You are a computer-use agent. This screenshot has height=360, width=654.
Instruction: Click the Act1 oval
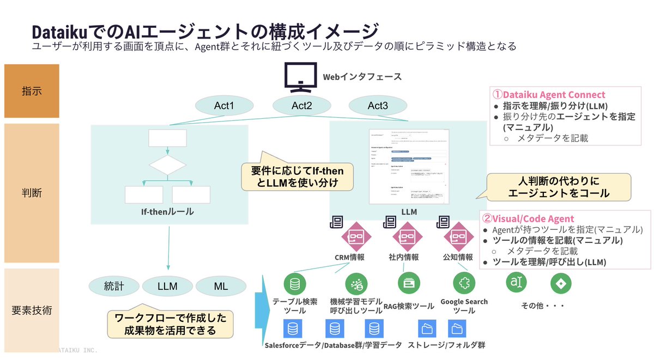click(x=224, y=106)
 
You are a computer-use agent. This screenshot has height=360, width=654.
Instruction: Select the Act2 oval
click(x=301, y=106)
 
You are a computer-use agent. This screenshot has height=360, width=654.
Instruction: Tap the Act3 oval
click(x=377, y=106)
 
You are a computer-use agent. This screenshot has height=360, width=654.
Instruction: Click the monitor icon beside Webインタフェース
click(x=300, y=77)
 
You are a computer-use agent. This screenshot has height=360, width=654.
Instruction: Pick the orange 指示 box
click(x=32, y=91)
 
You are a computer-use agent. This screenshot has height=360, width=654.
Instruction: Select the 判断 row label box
click(x=32, y=193)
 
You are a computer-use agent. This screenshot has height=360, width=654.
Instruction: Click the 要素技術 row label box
click(x=32, y=310)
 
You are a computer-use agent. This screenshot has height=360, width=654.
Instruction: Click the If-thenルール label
click(x=167, y=212)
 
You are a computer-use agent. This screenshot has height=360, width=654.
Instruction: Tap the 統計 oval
click(x=114, y=286)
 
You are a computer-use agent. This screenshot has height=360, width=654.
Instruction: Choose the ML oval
click(x=221, y=286)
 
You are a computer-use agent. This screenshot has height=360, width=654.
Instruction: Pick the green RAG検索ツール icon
click(x=408, y=283)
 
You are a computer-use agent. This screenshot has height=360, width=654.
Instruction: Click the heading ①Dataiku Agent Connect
click(x=549, y=95)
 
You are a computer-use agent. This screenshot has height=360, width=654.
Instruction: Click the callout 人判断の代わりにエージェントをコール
click(x=558, y=187)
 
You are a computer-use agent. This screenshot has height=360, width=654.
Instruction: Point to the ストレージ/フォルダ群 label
click(x=446, y=345)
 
